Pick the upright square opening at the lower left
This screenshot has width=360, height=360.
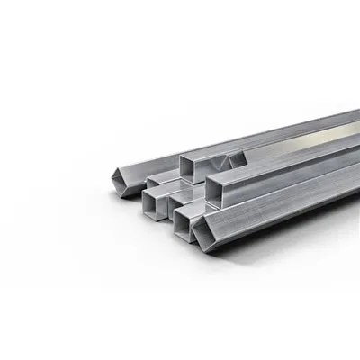pos(153,205)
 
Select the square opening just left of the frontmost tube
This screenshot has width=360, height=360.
pos(182,227)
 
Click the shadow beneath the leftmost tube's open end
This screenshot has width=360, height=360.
pos(126,195)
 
